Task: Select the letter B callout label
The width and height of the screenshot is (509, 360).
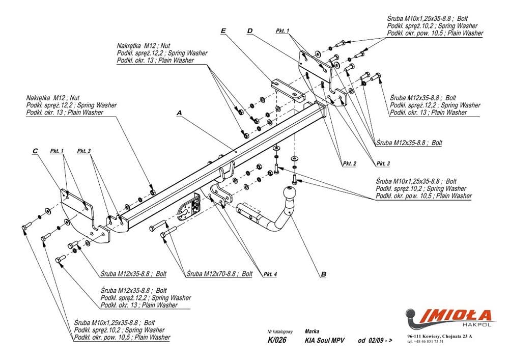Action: click(323, 274)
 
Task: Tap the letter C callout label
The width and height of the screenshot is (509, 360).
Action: click(35, 151)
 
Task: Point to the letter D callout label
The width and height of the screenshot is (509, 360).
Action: click(250, 31)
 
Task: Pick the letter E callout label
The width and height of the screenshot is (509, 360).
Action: click(223, 31)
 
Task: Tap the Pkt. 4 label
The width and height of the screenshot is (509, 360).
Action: click(270, 274)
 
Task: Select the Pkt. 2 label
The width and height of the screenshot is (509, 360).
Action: click(349, 163)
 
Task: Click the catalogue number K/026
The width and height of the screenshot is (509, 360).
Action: click(276, 341)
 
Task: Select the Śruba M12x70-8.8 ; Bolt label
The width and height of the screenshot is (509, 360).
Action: click(219, 273)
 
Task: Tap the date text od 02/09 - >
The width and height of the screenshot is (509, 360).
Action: click(375, 341)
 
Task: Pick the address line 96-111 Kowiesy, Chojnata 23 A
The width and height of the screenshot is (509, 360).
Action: click(439, 337)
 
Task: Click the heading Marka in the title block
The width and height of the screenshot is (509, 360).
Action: click(312, 331)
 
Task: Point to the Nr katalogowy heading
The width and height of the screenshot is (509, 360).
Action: click(280, 331)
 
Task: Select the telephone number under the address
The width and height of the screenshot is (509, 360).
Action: click(426, 342)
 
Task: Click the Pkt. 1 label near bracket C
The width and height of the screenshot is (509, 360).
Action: click(57, 151)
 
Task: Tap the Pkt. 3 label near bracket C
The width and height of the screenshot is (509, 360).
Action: click(84, 151)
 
